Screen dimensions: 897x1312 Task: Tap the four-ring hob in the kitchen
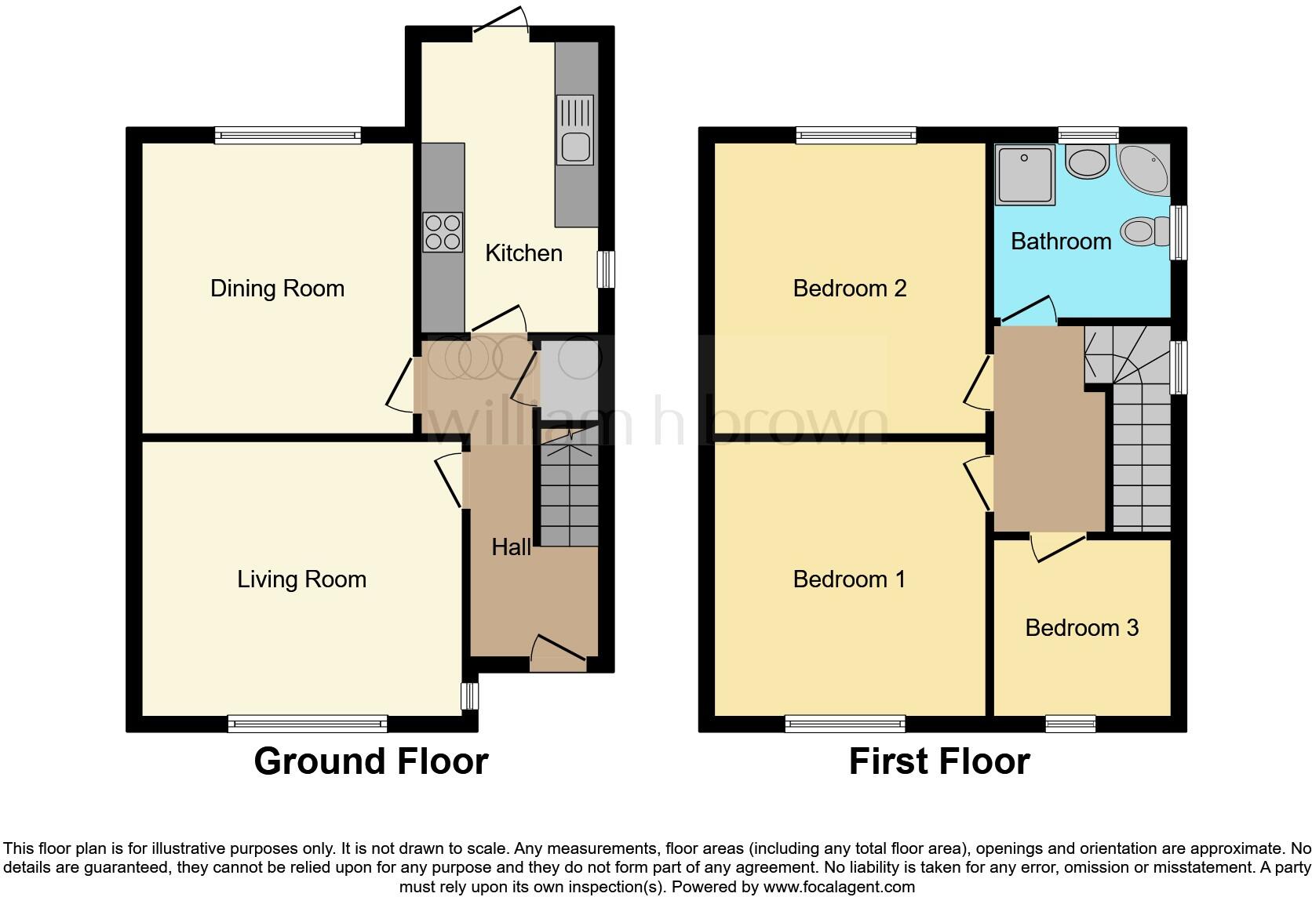click(x=443, y=232)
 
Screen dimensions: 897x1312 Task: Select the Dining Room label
click(x=277, y=289)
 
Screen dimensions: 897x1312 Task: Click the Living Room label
click(x=301, y=579)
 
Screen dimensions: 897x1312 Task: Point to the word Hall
click(x=511, y=547)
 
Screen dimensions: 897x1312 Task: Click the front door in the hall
click(x=559, y=652)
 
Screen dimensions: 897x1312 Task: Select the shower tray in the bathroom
click(x=1024, y=174)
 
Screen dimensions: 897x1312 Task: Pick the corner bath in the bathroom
click(x=1145, y=169)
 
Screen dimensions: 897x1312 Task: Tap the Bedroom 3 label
click(x=1081, y=628)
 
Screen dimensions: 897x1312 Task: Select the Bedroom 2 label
click(x=850, y=289)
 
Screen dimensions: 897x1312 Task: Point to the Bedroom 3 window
click(x=1070, y=724)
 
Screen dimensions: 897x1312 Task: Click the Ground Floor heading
click(x=370, y=761)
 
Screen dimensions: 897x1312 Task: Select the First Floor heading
click(x=939, y=761)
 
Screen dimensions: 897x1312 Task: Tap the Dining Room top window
click(x=288, y=135)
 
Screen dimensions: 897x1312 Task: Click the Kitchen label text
click(x=523, y=253)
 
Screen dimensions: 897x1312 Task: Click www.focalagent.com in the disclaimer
click(x=839, y=888)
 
